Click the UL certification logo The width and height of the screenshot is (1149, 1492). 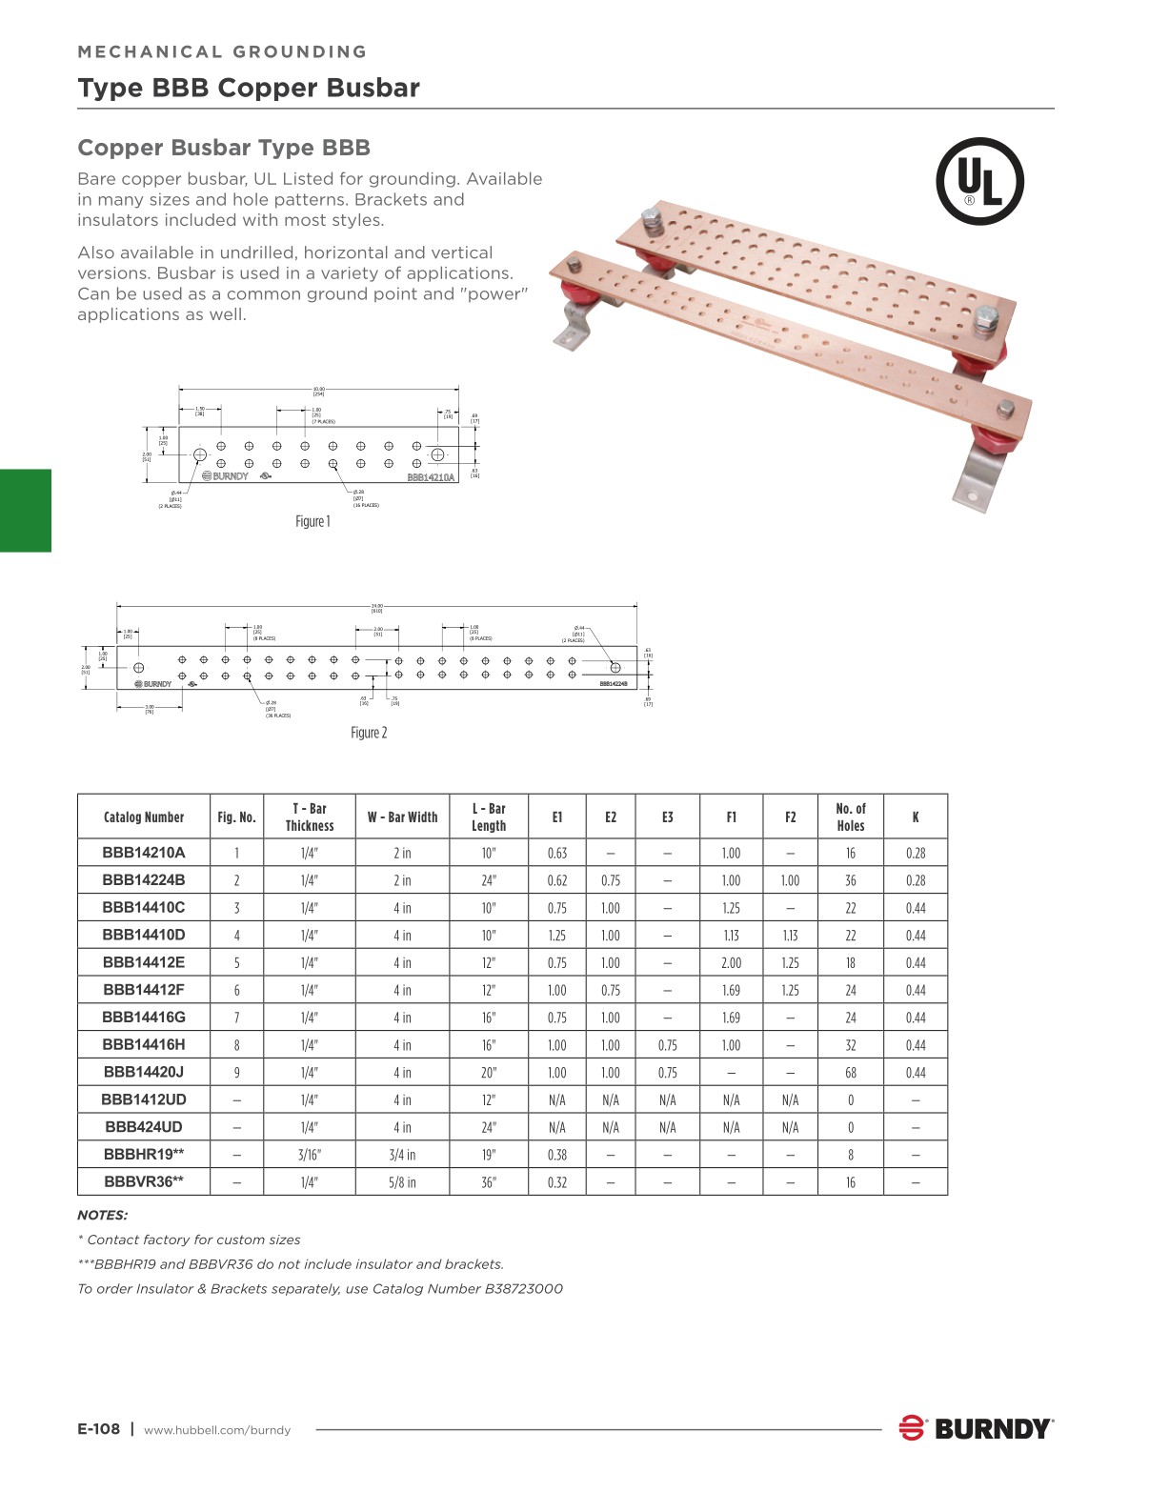point(979,181)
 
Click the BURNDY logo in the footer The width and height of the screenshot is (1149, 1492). point(976,1428)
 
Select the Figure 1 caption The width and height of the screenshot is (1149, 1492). point(312,521)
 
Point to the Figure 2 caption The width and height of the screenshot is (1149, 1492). point(369,733)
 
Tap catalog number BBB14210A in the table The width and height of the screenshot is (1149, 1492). point(144,853)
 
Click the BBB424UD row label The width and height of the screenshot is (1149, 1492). point(144,1127)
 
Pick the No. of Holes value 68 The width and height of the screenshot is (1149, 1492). point(851,1073)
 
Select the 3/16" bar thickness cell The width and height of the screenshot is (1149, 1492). point(310,1155)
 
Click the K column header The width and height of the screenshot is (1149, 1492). point(916,817)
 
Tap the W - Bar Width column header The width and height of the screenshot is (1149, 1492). point(402,817)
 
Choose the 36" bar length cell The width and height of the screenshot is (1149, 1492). point(489,1182)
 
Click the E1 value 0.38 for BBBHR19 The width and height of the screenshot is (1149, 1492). point(557,1155)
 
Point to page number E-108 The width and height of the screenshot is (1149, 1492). point(99,1428)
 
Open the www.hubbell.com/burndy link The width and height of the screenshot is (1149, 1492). point(217,1430)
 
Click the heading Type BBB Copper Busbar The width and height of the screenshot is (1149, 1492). point(249,88)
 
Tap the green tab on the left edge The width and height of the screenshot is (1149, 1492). point(26,511)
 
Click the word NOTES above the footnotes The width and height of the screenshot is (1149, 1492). point(102,1215)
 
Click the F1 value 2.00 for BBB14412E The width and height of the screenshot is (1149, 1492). point(731,963)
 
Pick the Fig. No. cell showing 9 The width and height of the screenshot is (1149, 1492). point(236,1073)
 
